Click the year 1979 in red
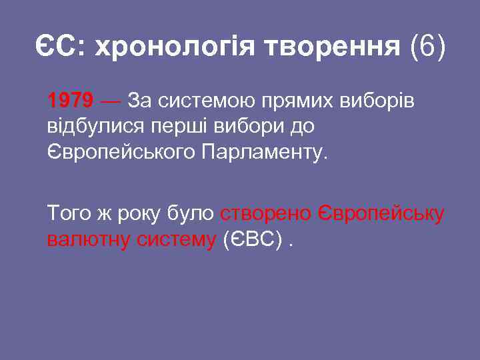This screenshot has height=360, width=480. (x=70, y=101)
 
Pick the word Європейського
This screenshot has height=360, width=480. (x=121, y=151)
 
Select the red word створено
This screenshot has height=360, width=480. (x=265, y=213)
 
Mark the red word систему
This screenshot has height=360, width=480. (x=175, y=239)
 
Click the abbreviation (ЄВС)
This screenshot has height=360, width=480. (x=251, y=239)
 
